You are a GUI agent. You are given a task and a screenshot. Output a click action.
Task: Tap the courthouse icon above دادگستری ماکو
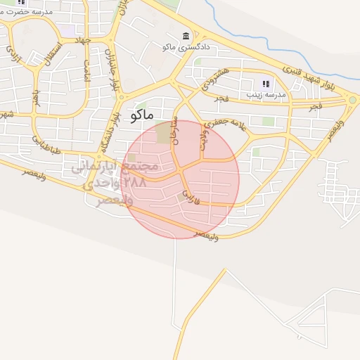coord(186,36)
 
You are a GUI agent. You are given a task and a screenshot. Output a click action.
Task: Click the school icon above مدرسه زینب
coord(265,84)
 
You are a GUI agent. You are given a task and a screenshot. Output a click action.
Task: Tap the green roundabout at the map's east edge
coord(352,100)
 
